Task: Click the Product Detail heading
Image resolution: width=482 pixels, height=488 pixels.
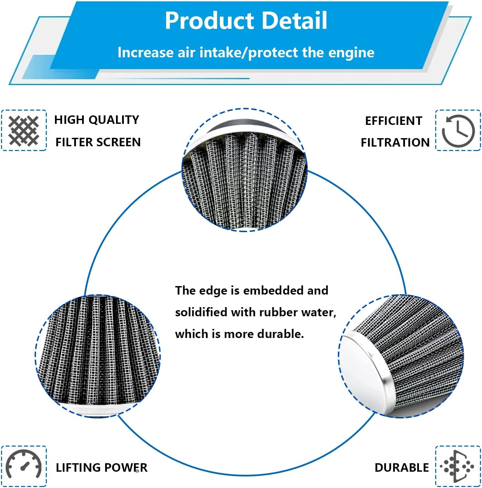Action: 246,21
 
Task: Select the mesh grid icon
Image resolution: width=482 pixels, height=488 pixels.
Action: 24,130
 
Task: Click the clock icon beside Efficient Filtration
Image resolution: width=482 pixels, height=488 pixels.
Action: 458,131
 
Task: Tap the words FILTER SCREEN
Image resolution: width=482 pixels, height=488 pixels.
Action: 98,142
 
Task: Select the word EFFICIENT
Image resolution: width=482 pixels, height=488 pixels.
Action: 393,121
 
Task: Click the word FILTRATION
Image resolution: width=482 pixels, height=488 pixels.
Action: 395,143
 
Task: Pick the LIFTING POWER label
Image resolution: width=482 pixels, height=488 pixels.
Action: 101,468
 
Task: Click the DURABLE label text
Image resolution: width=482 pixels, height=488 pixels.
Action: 402,468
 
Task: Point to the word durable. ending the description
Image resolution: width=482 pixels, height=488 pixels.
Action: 280,334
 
